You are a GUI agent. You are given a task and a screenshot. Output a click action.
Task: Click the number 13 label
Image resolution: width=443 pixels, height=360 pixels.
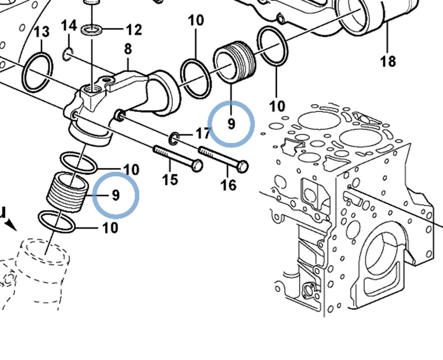pyautogui.click(x=41, y=32)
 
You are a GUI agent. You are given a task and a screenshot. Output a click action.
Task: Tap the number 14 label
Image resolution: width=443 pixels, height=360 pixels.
pyautogui.click(x=69, y=26)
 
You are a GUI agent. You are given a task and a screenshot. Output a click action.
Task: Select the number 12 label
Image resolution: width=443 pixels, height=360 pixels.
pyautogui.click(x=133, y=30)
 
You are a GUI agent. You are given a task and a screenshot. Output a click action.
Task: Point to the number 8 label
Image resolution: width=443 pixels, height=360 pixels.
pyautogui.click(x=128, y=49)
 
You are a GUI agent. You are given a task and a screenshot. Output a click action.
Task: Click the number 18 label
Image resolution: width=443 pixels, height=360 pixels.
pyautogui.click(x=388, y=60)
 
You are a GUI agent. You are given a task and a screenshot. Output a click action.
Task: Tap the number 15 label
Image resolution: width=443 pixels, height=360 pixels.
pyautogui.click(x=170, y=180)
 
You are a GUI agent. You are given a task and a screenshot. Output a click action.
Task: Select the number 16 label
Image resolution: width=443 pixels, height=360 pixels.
pyautogui.click(x=229, y=184)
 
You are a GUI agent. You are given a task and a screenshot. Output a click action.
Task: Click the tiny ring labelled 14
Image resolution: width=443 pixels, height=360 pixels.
pyautogui.click(x=68, y=54)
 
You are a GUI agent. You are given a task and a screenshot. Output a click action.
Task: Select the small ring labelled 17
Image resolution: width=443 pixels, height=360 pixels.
pyautogui.click(x=174, y=139)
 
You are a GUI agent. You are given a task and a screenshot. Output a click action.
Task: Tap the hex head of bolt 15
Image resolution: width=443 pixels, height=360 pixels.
pyautogui.click(x=197, y=166)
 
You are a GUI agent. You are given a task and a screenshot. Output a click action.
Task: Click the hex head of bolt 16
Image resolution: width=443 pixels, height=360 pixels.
pyautogui.click(x=242, y=166)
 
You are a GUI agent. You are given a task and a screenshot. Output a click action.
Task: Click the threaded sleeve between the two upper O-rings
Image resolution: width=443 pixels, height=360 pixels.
pyautogui.click(x=235, y=65)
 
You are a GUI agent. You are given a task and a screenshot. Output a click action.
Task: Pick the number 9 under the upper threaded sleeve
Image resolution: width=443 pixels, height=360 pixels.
pyautogui.click(x=231, y=123)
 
